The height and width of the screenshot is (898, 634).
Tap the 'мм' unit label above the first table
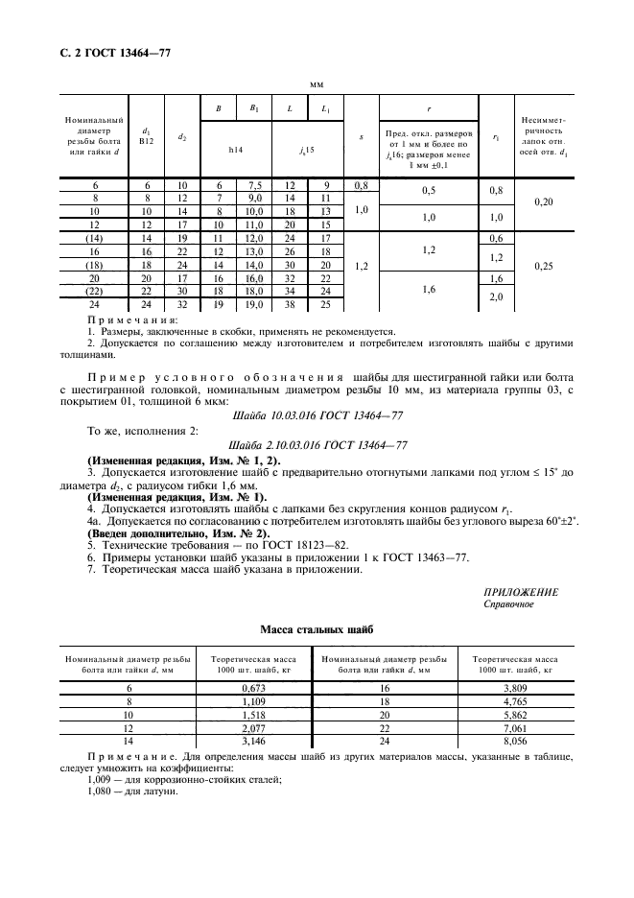click(x=316, y=84)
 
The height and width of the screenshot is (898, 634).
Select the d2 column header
click(x=182, y=137)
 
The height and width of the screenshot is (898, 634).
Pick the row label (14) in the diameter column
click(x=94, y=237)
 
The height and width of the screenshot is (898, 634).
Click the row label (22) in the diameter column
click(x=94, y=291)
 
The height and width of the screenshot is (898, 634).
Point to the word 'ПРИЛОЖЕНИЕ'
click(x=521, y=593)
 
